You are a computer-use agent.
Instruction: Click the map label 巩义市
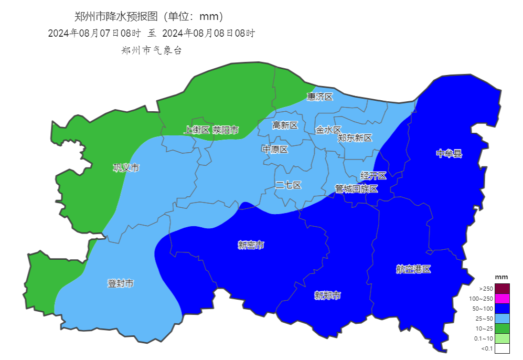pos(126,168)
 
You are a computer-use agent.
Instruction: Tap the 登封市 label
pos(121,283)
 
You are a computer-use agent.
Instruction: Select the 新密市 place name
pos(251,245)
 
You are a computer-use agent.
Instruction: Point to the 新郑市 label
pos(327,295)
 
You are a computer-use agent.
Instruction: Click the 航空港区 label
pos(413,269)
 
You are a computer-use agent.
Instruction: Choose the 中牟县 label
pos(449,154)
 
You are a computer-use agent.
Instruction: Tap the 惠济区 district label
pos(320,97)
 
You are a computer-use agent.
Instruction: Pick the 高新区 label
pos(285,125)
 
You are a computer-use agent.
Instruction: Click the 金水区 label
pos(328,130)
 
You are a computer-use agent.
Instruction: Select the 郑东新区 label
pos(355,138)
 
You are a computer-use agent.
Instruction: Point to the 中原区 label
pos(275,149)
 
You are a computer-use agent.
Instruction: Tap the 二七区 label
pos(288,185)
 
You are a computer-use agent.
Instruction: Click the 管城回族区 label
pos(356,188)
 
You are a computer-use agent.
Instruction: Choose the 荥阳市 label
pos(226,130)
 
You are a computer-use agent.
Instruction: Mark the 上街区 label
pos(197,130)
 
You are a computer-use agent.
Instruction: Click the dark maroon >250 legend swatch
pos(502,289)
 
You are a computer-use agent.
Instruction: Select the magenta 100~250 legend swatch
pos(502,299)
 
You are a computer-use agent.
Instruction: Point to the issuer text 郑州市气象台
pos(151,50)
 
